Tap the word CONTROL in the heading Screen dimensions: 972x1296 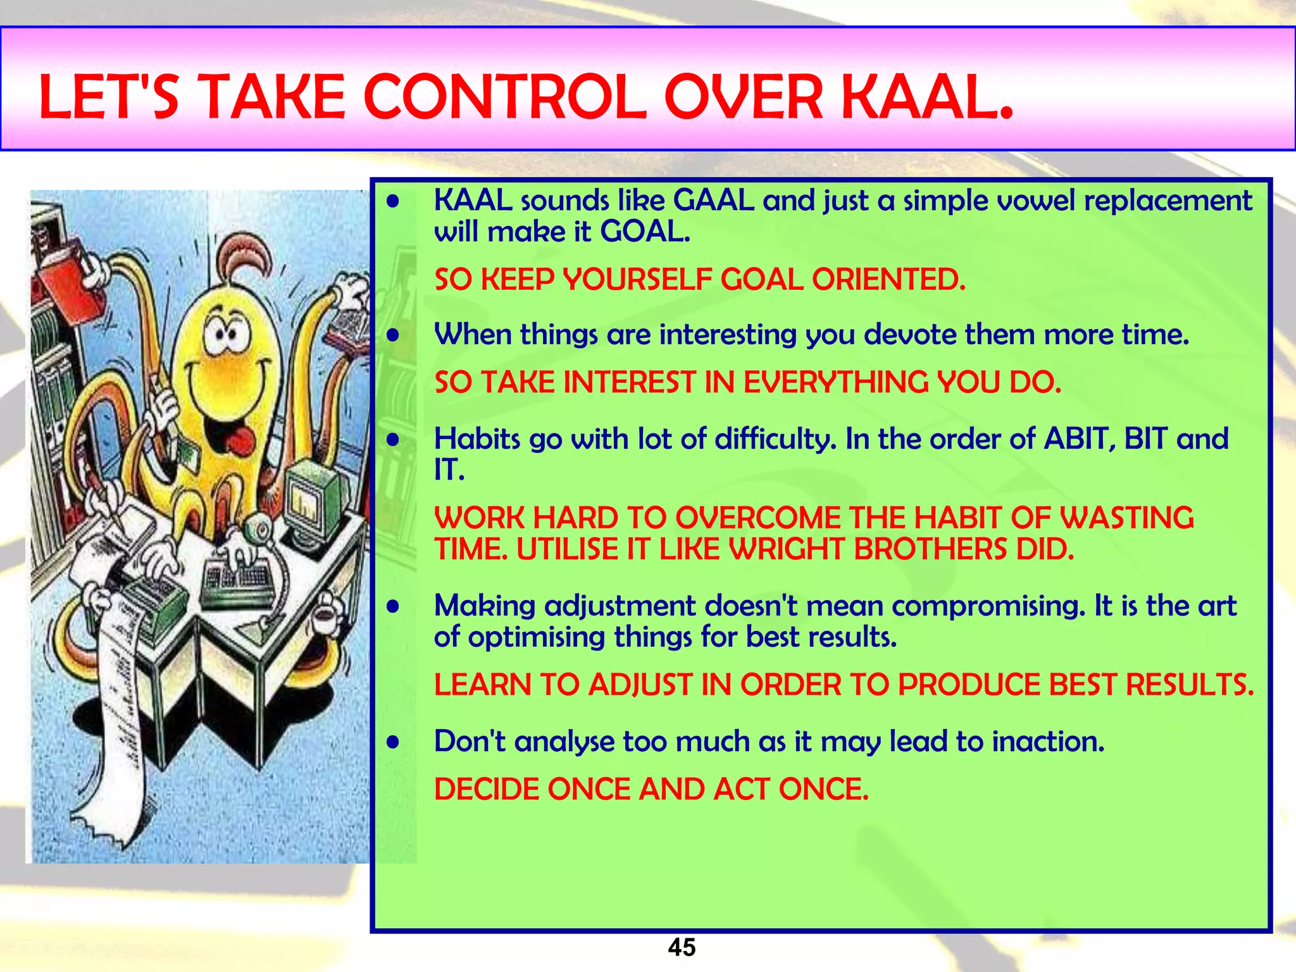point(504,98)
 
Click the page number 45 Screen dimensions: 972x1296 point(682,947)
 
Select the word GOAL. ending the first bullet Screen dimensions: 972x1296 point(645,232)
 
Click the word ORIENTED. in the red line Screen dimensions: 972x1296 point(888,280)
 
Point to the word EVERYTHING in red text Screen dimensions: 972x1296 point(835,383)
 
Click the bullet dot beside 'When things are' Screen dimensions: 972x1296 point(394,335)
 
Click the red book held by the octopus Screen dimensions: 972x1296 point(66,275)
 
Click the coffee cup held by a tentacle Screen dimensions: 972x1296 point(325,614)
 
